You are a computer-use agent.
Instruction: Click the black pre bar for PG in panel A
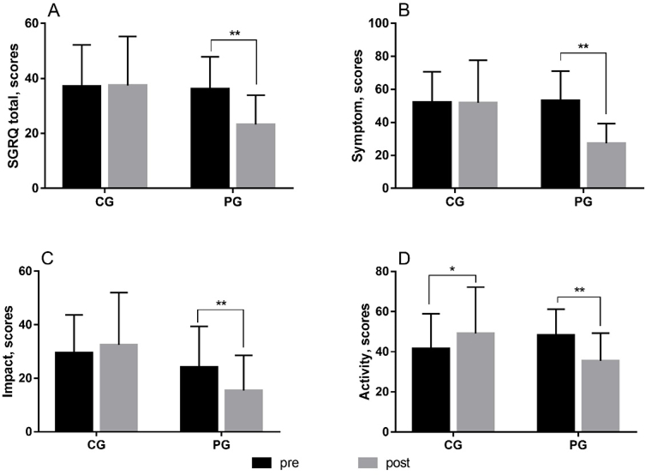pyautogui.click(x=210, y=137)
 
